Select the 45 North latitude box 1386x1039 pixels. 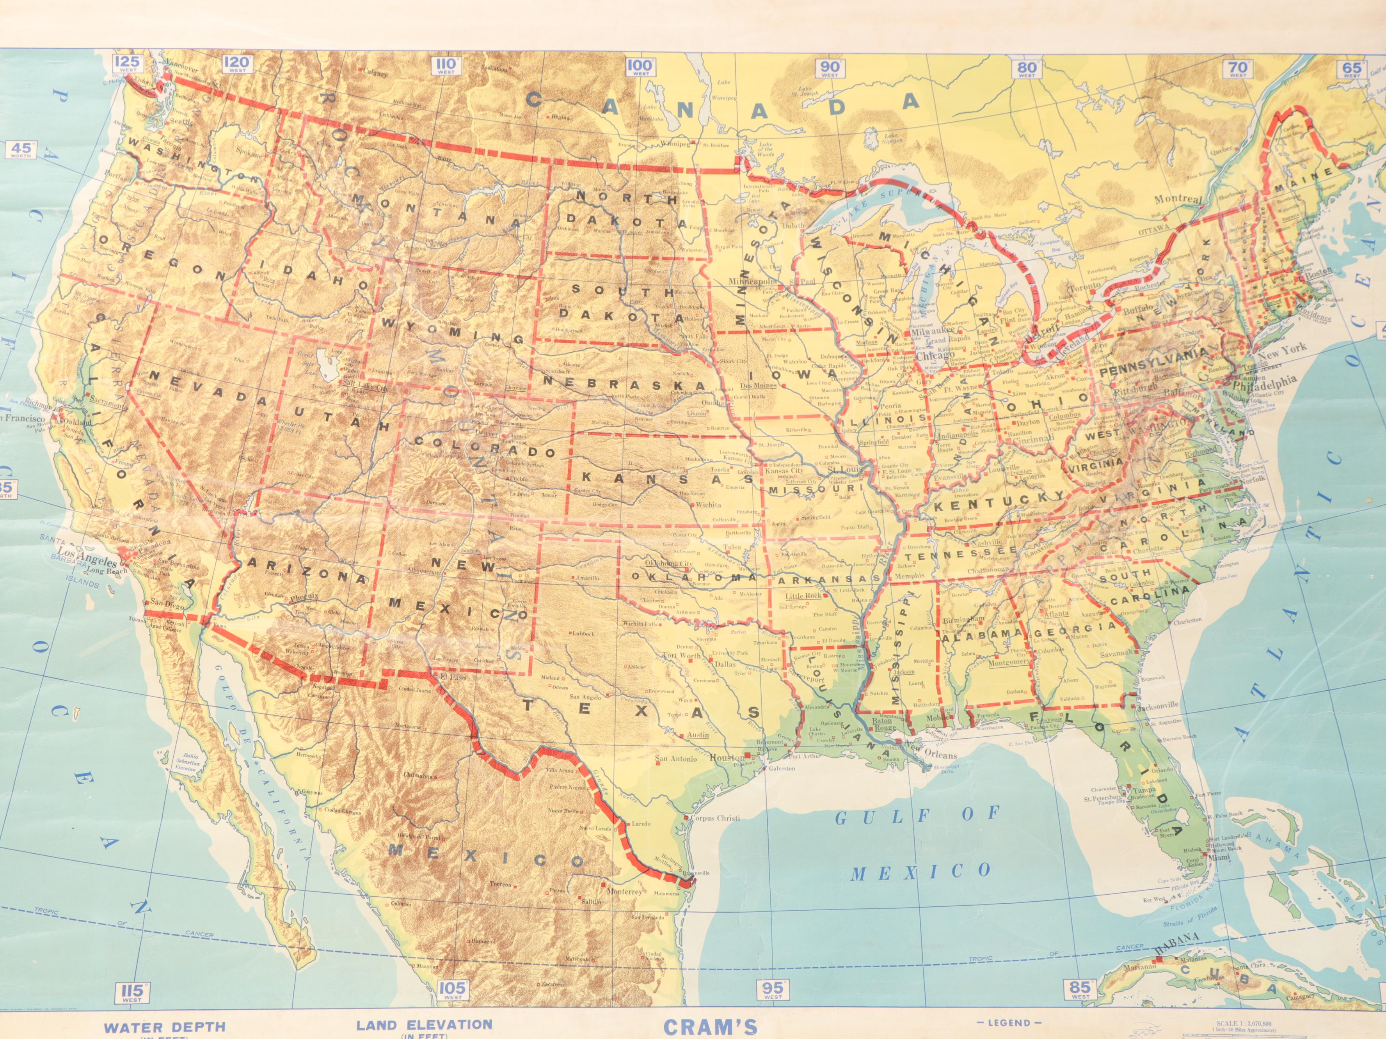pos(21,150)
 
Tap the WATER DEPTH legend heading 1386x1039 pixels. pos(164,1027)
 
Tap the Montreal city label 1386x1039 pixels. pos(1178,199)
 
